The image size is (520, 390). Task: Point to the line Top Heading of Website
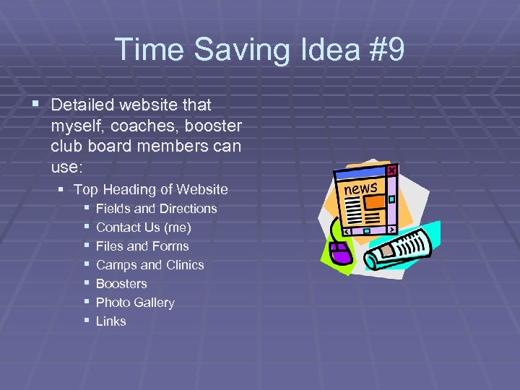[x=150, y=189]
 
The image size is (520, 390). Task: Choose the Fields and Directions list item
[x=156, y=209]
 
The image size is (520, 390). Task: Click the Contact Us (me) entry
[x=143, y=227]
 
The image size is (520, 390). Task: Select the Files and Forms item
[x=142, y=246]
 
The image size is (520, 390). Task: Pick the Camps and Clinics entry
[x=149, y=265]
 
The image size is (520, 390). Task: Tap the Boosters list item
[x=121, y=284]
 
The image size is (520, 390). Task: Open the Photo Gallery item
[x=135, y=303]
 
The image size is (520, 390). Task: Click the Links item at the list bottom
[x=110, y=321]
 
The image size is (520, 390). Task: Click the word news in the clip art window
[x=361, y=189]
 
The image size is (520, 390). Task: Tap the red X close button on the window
[x=391, y=170]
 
